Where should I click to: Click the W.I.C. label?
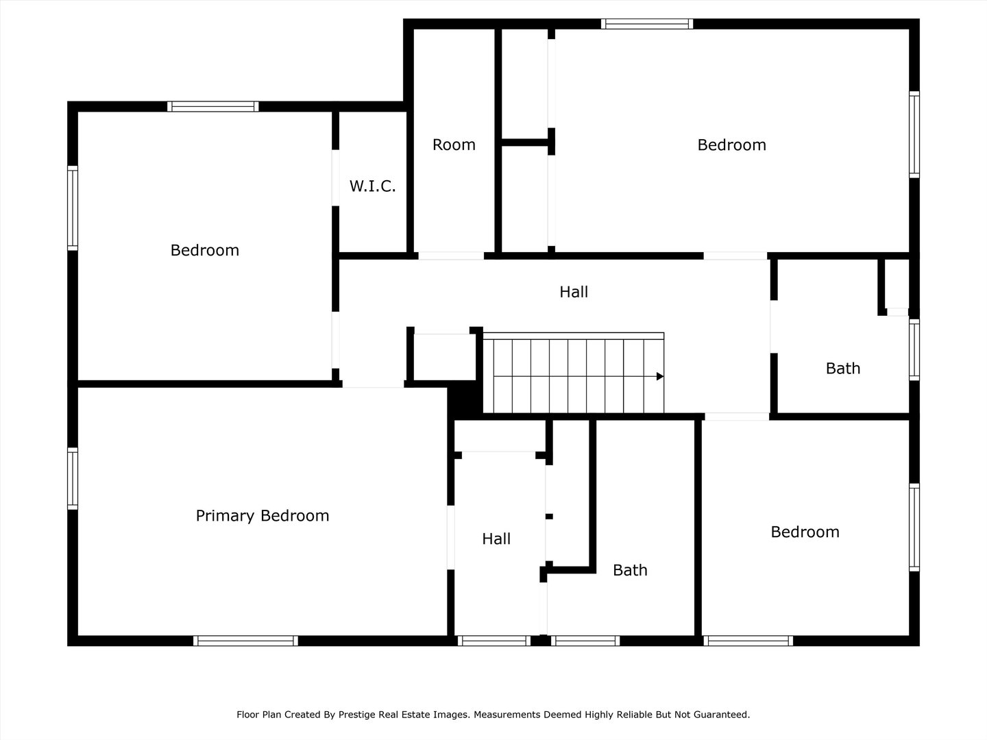click(372, 186)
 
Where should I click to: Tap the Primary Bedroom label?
click(263, 515)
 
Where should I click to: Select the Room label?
click(454, 145)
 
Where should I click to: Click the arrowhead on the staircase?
click(659, 376)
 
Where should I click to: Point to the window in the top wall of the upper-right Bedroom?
click(647, 24)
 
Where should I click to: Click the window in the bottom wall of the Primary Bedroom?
click(245, 641)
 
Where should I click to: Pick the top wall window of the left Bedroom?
click(213, 106)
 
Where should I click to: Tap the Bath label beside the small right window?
click(843, 369)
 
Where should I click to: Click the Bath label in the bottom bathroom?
click(630, 570)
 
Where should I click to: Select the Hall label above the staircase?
click(574, 292)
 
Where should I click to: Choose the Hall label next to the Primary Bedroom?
click(496, 539)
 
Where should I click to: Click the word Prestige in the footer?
click(357, 715)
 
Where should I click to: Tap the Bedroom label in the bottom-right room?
click(805, 532)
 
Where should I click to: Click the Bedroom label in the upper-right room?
click(731, 145)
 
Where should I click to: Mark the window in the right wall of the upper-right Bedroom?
click(914, 134)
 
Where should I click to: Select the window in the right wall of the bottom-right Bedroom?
click(914, 528)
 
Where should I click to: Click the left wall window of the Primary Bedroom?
click(73, 478)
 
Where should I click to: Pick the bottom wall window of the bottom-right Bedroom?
click(748, 641)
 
